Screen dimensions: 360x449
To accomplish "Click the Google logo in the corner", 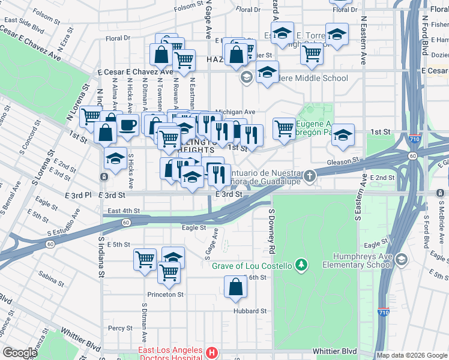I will pyautogui.click(x=20, y=353).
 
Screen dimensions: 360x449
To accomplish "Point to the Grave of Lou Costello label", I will pyautogui.click(x=252, y=266).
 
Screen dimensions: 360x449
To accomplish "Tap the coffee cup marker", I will pyautogui.click(x=127, y=125).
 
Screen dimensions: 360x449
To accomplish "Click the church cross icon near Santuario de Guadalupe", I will pyautogui.click(x=309, y=176).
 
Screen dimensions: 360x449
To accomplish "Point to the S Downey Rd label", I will pyautogui.click(x=271, y=231).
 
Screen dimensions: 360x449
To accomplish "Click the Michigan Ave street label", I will pyautogui.click(x=235, y=112).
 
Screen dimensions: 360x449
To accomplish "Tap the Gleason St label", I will pyautogui.click(x=343, y=161).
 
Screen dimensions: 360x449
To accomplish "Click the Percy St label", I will pyautogui.click(x=121, y=328).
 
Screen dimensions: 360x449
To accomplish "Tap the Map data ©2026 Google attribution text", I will pyautogui.click(x=412, y=355).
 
